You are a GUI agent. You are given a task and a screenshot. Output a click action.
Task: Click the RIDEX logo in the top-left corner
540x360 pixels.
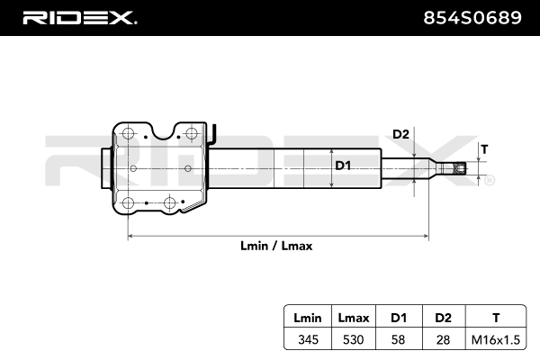tap(79, 17)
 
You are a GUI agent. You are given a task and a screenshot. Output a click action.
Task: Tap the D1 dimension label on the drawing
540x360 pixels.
tap(343, 166)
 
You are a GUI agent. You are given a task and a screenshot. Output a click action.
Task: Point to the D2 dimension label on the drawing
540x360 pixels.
tap(401, 134)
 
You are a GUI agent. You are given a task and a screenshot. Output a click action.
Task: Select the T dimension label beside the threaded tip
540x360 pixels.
tap(484, 148)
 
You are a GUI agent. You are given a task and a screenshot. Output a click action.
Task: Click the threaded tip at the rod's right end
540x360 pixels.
tap(460, 167)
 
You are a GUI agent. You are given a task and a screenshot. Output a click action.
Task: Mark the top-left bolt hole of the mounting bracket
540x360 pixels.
tap(129, 134)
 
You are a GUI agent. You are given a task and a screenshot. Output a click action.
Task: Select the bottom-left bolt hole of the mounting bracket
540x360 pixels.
tap(129, 202)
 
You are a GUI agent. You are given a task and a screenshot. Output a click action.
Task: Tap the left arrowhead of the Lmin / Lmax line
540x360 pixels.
tap(132, 236)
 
